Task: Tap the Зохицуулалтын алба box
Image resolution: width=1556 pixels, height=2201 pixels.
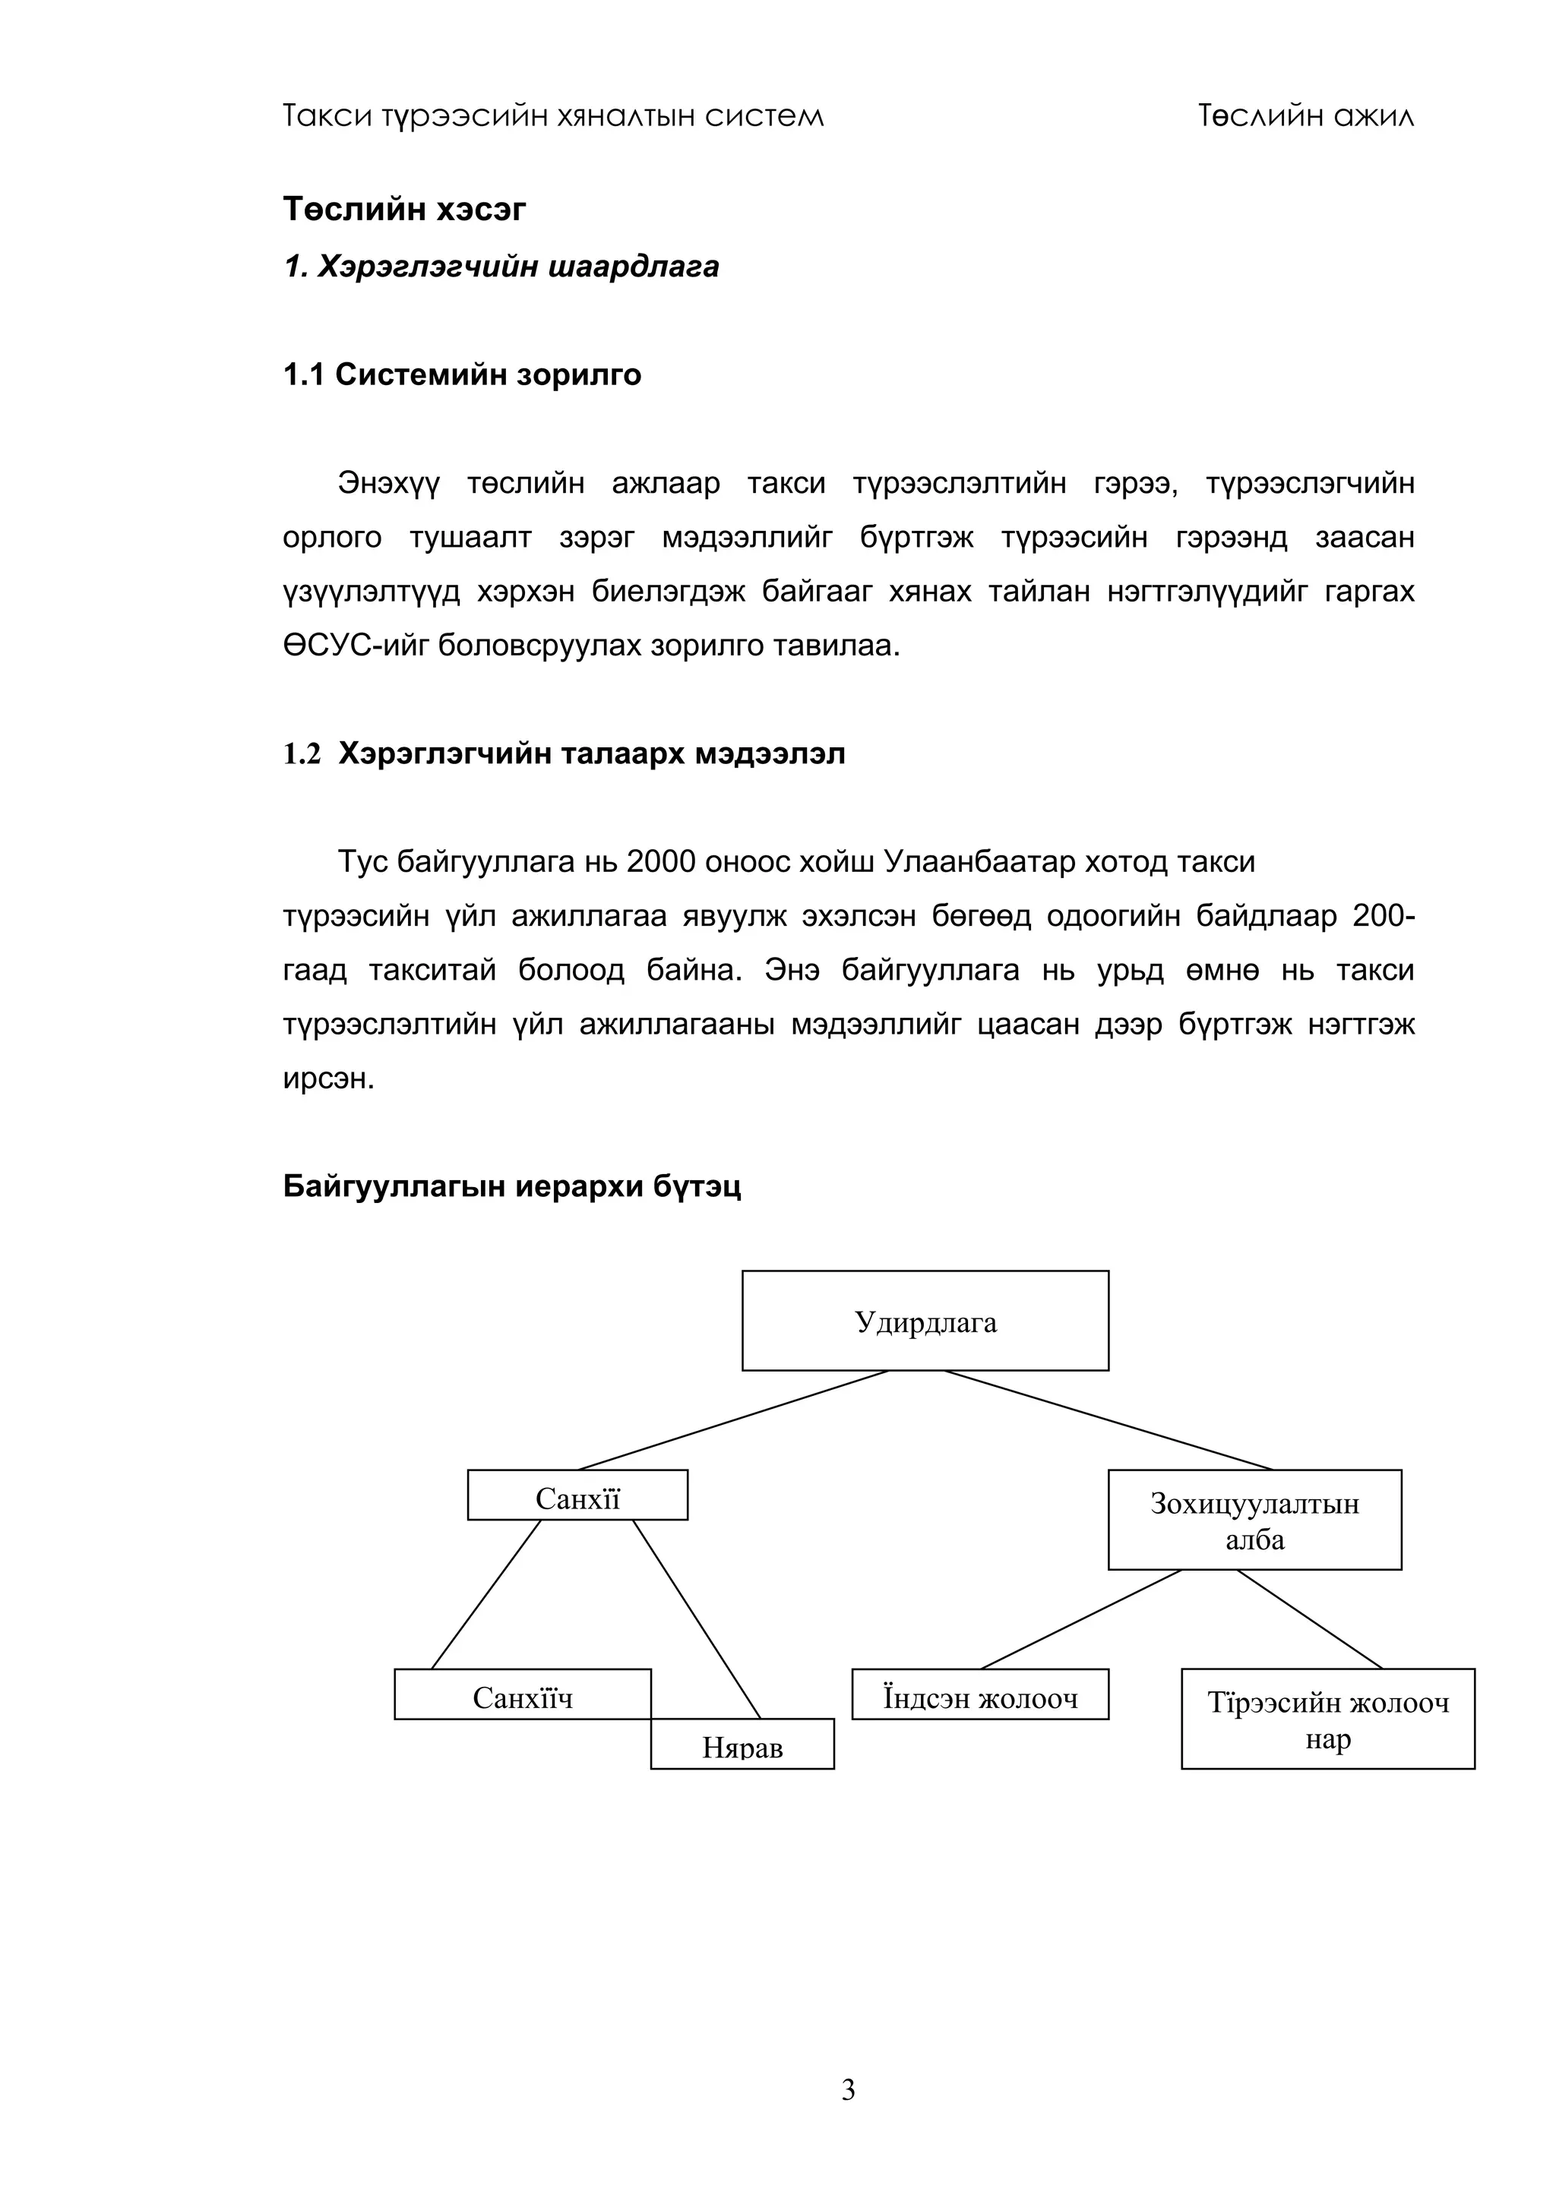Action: (x=1254, y=1520)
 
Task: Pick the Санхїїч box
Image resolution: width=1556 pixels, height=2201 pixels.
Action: (x=523, y=1694)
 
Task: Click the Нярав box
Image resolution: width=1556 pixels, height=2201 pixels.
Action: (x=742, y=1745)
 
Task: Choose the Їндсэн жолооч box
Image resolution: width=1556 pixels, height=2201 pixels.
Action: (x=980, y=1694)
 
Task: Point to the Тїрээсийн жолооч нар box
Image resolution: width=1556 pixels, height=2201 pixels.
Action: (x=1328, y=1719)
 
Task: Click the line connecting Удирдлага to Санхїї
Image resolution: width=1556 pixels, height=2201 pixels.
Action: (x=733, y=1419)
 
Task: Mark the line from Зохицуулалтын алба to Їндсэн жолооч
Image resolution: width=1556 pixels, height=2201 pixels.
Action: (x=1080, y=1619)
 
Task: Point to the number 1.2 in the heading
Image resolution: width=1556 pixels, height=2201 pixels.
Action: (x=301, y=754)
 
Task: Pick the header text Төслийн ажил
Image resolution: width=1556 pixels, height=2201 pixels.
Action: (x=1306, y=116)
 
